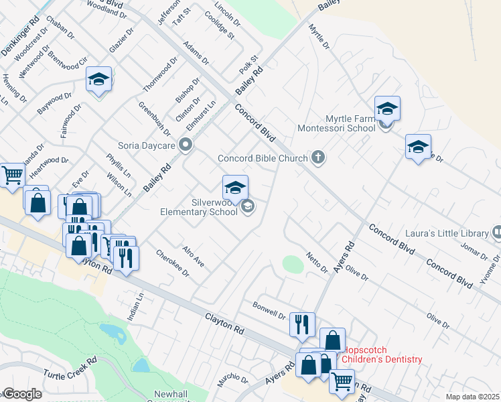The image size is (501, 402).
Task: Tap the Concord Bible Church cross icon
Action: pos(318,158)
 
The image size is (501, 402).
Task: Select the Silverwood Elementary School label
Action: pos(199,206)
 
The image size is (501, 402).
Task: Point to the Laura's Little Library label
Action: pos(447,233)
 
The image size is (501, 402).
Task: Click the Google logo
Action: pos(22,393)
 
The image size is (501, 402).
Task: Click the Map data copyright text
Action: pos(473,397)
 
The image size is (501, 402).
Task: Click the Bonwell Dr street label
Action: pos(269,311)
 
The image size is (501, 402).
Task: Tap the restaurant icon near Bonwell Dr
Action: pos(302,325)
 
